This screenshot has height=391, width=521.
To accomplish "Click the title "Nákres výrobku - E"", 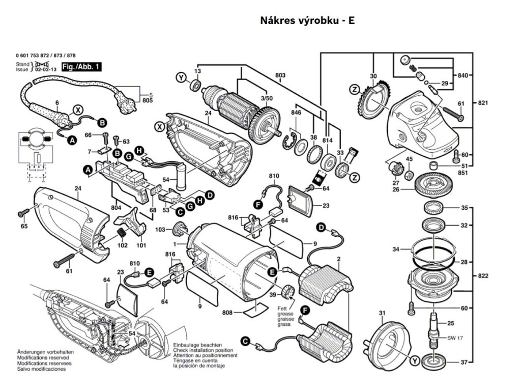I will pos(307,21).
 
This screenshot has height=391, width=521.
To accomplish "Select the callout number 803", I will pos(280,75).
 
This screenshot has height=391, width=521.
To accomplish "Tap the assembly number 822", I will pos(483,276).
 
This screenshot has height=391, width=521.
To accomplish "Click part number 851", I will pos(462,173).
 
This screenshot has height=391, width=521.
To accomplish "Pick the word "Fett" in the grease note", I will pos(282,309).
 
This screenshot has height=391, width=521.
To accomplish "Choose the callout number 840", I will pos(462,75).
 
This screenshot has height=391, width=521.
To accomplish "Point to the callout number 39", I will pos(273,295).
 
